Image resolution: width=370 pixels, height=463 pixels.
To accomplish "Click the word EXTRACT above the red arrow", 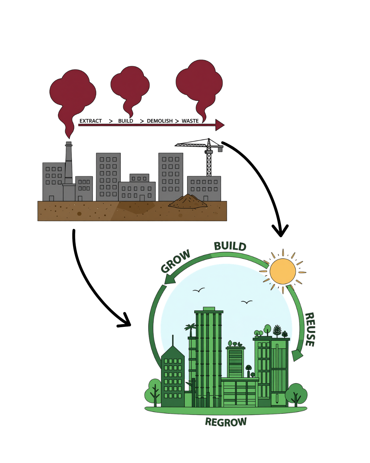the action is (90, 121).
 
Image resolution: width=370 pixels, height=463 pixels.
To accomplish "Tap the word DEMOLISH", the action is (160, 121).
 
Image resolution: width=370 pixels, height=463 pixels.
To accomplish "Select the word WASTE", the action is (190, 121).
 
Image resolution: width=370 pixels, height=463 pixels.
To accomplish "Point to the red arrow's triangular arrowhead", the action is (220, 125).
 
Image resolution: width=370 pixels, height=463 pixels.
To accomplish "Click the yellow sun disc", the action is (283, 272).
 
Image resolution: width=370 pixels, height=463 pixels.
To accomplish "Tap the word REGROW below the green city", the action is (226, 422).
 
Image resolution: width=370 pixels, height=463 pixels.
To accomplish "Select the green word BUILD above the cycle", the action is (230, 246).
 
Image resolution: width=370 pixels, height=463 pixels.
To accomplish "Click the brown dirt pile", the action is (188, 202).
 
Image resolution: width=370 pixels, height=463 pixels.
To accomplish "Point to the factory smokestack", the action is (69, 164).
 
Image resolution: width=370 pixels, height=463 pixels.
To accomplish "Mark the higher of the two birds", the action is (198, 290).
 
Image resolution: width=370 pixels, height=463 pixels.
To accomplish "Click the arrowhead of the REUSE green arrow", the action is (297, 355).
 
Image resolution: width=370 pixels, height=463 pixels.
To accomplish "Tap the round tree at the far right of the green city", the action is (296, 394).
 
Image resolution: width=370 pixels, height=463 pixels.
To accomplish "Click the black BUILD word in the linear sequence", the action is (125, 121).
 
